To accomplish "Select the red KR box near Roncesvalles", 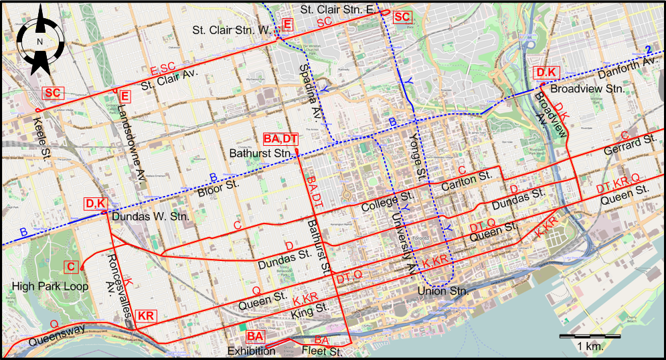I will coord(146,316).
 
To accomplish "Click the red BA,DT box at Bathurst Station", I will coord(280,139).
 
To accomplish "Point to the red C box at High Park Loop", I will coord(72,267).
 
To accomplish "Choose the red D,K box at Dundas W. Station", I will coord(95,203).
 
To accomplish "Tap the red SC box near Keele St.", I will coord(52,93).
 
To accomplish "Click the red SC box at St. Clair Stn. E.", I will coord(402,17).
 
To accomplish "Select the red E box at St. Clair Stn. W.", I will coord(287,25).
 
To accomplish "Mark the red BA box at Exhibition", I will coord(255,336).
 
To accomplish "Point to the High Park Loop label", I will coord(41,286).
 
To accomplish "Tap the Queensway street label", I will coord(58,331).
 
